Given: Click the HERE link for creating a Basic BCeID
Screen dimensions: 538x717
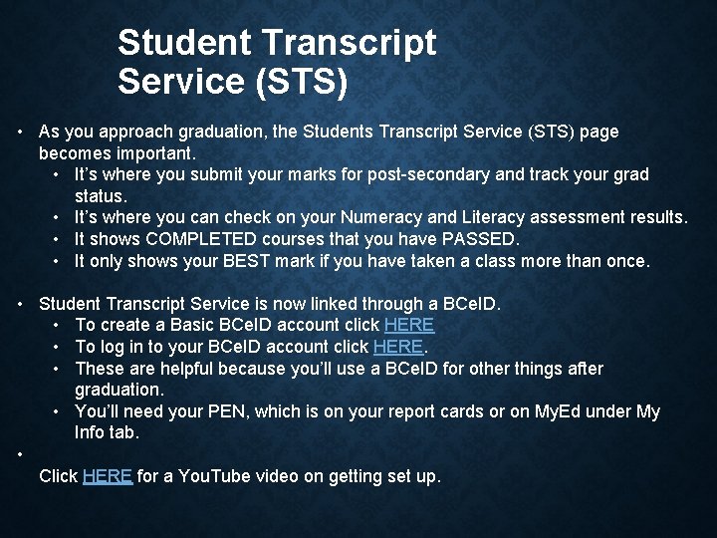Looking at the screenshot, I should point(409,325).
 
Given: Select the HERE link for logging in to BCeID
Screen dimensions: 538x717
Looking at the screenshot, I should point(398,347).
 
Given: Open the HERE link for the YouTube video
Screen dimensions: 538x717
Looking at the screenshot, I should point(108,476).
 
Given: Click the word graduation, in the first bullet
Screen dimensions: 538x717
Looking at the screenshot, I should point(232,132).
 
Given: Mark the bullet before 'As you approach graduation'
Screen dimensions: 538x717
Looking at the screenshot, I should point(20,132).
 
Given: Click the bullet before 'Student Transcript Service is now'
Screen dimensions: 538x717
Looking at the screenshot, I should point(20,303).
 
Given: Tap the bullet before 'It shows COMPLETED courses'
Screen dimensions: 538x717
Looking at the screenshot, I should point(58,239).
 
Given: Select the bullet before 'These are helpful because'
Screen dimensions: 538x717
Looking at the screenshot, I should point(58,369).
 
